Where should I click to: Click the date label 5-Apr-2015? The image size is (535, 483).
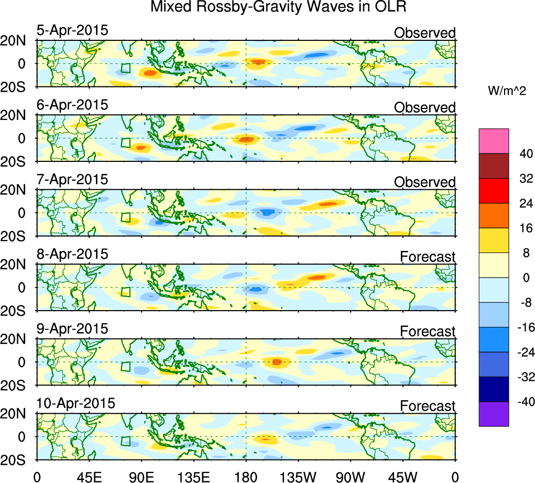pos(72,30)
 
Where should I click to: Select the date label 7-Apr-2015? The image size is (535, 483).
pos(72,179)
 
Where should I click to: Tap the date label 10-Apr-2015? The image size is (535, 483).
pos(75,403)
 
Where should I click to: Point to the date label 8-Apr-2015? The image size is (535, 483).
pos(72,254)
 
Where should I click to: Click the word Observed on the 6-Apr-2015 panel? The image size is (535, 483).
pos(424,107)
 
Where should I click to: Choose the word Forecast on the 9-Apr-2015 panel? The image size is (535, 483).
pos(428,331)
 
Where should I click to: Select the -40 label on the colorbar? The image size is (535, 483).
pos(522,402)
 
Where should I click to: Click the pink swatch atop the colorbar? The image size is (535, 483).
pos(494,141)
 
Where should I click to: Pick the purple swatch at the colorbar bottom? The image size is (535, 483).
pos(494,414)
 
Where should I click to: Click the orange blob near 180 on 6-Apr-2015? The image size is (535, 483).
pos(246,139)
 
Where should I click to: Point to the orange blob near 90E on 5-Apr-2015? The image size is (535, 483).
pos(150,73)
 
